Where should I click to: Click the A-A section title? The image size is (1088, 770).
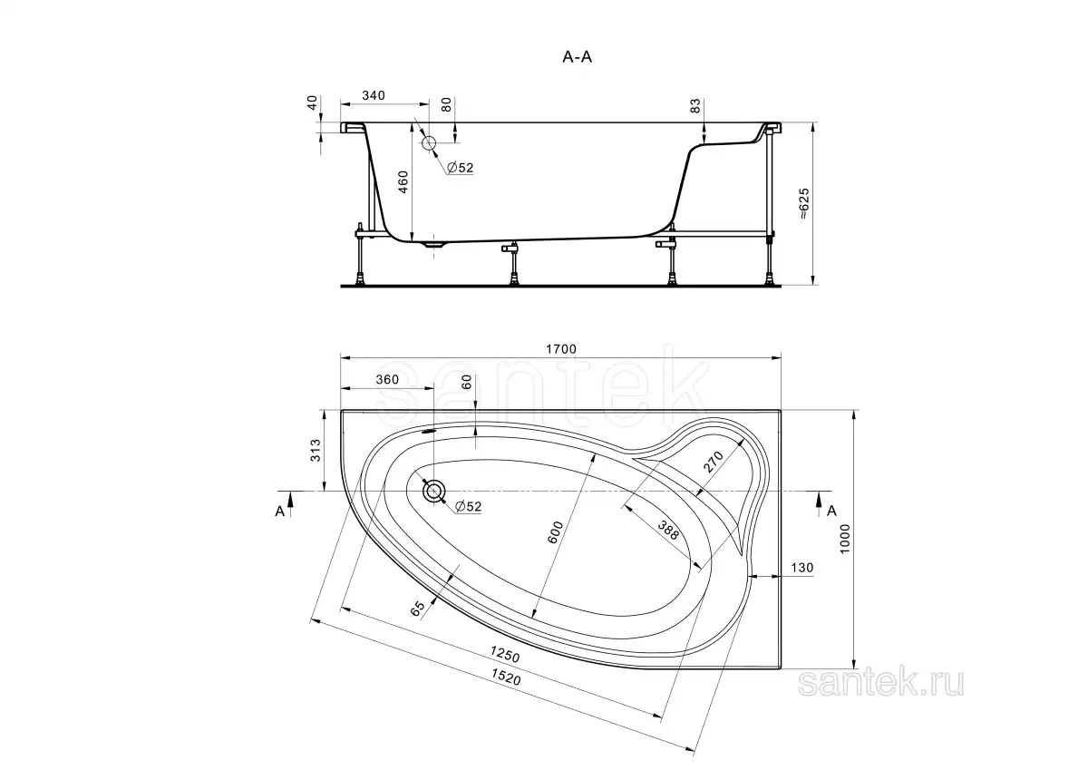click(x=578, y=56)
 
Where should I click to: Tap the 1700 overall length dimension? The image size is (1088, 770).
click(x=562, y=349)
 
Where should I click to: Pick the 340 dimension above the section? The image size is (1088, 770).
click(x=374, y=94)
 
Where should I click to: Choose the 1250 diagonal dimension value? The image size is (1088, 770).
click(x=503, y=654)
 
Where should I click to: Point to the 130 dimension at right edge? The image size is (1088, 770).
click(x=802, y=568)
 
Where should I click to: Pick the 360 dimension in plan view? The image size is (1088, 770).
click(x=386, y=380)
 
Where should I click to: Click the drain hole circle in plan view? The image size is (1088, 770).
click(x=434, y=491)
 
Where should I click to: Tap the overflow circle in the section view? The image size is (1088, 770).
click(x=429, y=142)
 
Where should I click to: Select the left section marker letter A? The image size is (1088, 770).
click(x=280, y=511)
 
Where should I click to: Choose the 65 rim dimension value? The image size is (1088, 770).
click(x=418, y=609)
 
